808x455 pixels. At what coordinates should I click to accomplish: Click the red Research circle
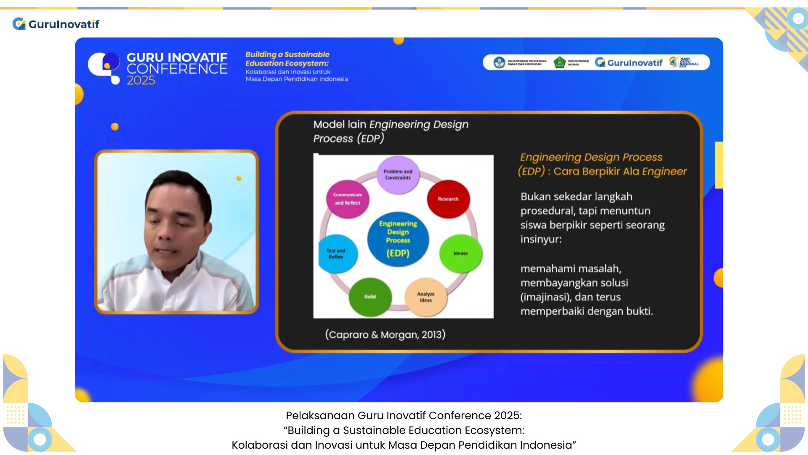pos(448,199)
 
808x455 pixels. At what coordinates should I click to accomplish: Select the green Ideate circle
pos(461,253)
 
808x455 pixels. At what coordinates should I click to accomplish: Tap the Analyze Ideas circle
pos(425,297)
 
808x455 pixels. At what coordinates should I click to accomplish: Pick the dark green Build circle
pos(370,297)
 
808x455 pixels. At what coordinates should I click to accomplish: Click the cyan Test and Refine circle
pos(337,254)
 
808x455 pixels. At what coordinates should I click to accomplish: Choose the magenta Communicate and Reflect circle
pos(348,199)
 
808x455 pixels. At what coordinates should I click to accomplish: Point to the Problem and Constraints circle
pos(398,175)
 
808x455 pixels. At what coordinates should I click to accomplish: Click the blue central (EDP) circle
pos(398,239)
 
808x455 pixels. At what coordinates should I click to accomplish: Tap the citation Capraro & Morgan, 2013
pos(385,335)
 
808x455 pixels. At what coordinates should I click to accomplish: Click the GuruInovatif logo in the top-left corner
pos(56,24)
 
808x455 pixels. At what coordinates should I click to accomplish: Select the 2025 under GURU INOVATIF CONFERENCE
pos(141,80)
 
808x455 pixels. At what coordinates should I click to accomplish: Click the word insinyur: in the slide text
pos(541,239)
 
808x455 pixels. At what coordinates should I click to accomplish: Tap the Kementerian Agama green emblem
pos(559,62)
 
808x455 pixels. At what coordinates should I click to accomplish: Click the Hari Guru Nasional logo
pos(684,62)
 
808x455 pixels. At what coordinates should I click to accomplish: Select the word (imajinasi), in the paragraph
pos(545,297)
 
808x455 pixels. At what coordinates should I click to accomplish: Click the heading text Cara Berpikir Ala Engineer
pos(620,171)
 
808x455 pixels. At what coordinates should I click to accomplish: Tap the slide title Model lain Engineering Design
pos(391,125)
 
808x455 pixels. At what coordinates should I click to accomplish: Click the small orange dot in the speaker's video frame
pos(239,178)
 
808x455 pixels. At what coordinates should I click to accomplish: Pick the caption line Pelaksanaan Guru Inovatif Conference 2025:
pos(404,415)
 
